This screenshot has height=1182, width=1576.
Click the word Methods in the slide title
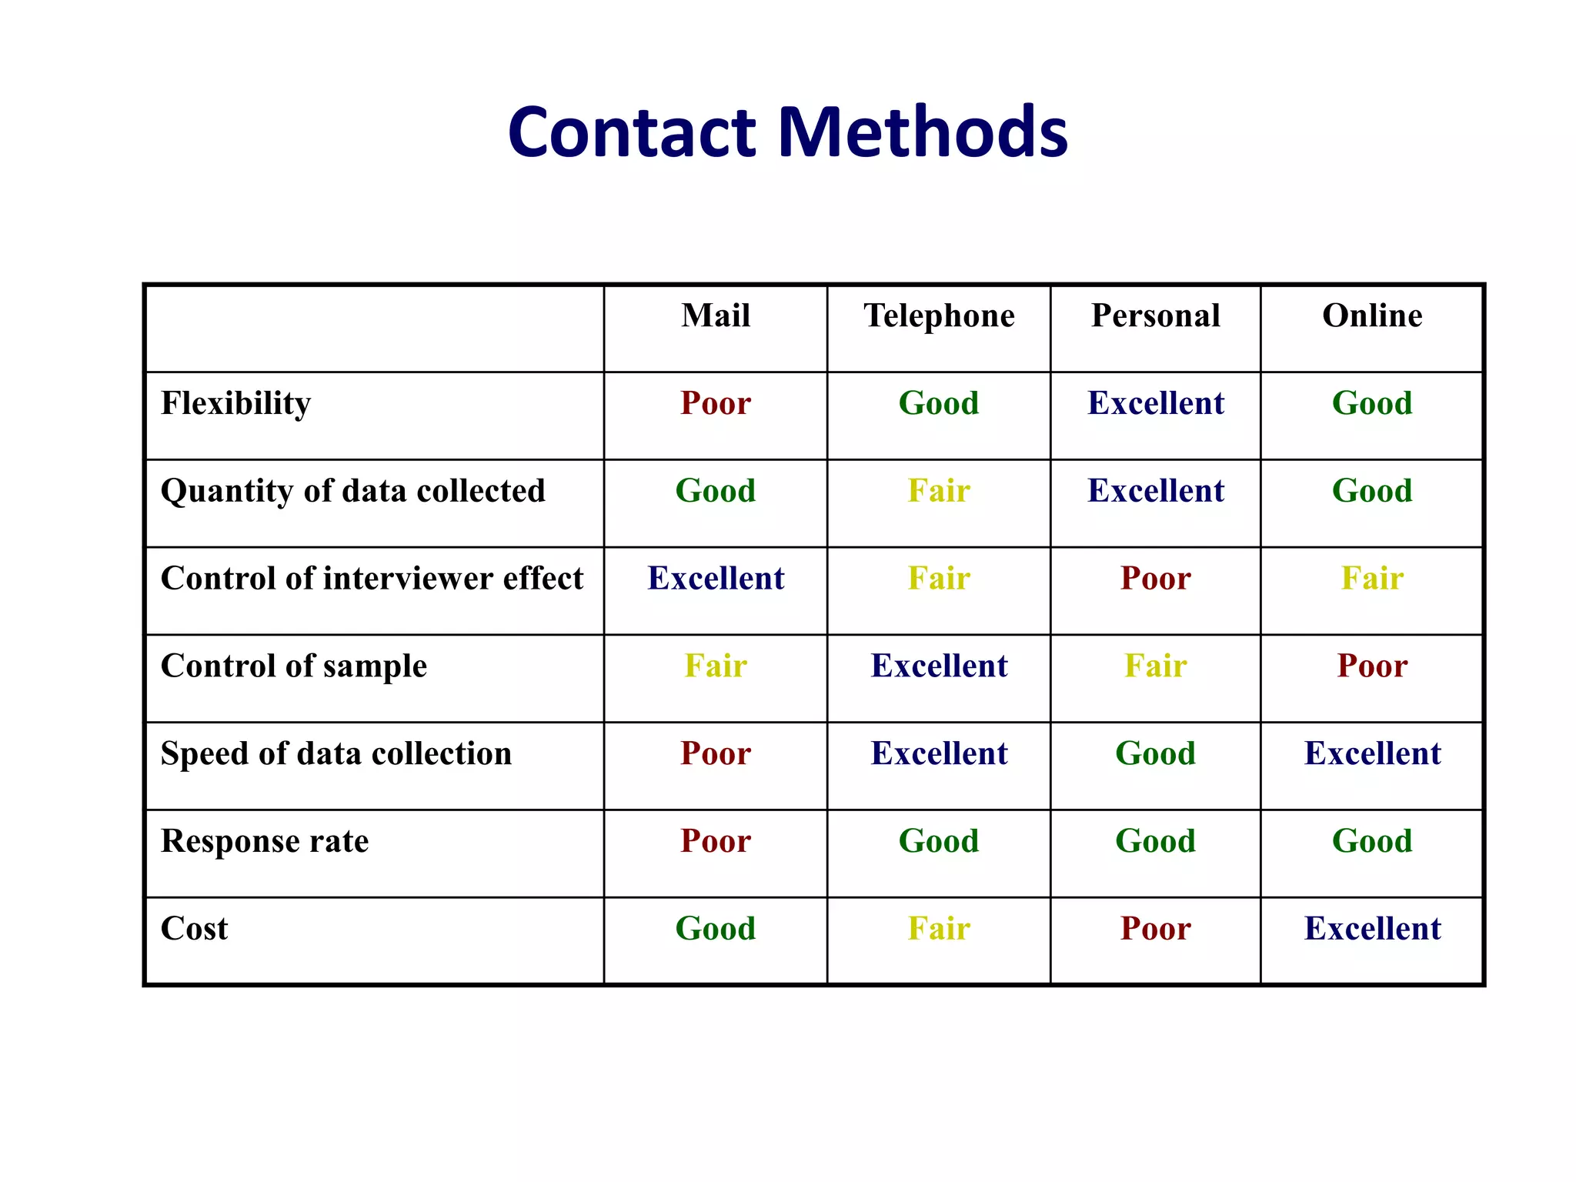pos(923,132)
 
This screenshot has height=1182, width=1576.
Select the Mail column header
pos(716,316)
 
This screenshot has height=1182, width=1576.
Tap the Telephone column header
pos(939,316)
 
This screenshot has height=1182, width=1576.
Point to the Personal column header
pos(1155,316)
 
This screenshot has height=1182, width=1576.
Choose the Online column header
pos(1372,316)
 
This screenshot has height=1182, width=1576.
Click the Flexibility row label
pos(235,404)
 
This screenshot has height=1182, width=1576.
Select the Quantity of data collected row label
pos(352,492)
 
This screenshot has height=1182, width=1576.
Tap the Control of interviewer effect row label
pos(372,579)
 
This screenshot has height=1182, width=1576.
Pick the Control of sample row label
pos(293,666)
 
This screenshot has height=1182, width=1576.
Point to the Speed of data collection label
pos(336,754)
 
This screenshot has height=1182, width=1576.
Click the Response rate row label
pos(264,841)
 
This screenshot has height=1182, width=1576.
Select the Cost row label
pos(194,929)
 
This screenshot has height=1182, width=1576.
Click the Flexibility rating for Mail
pos(716,404)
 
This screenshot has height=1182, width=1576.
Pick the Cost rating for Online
pos(1372,929)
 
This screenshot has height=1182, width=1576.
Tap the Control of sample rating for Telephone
pos(939,666)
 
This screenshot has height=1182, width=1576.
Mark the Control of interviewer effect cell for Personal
pos(1155,579)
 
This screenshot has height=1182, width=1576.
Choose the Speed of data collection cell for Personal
pos(1155,754)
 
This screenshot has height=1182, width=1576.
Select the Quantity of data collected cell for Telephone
pos(939,492)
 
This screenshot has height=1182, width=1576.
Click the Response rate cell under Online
pos(1372,841)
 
